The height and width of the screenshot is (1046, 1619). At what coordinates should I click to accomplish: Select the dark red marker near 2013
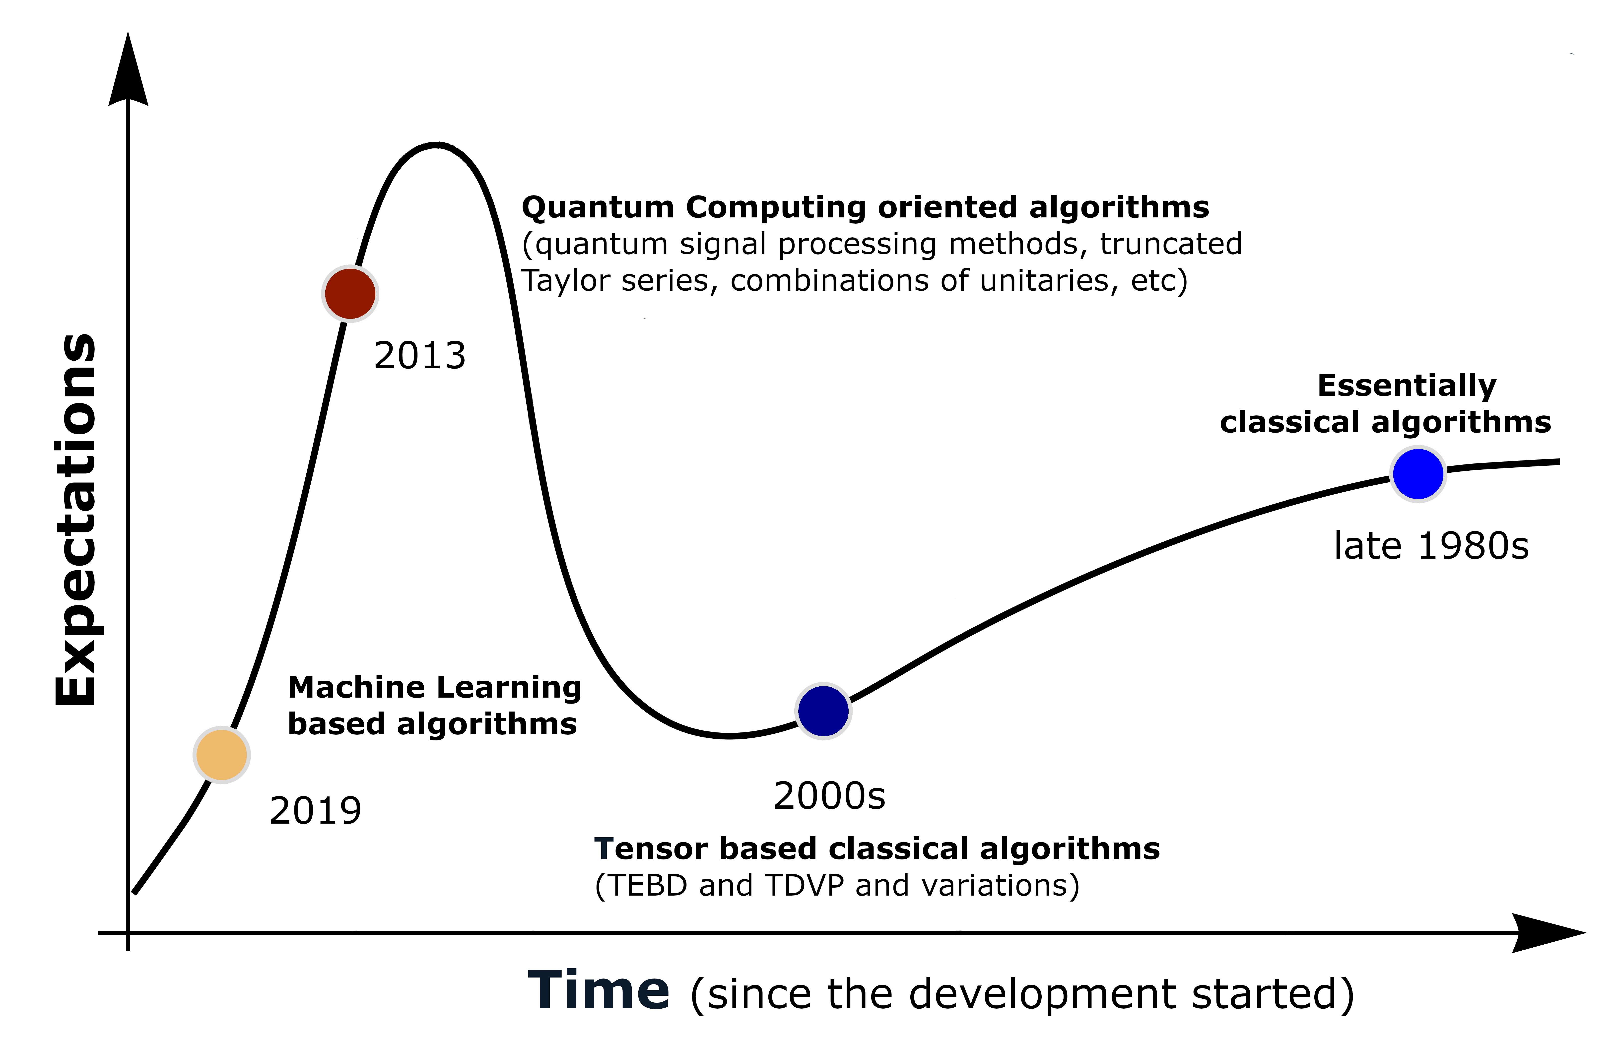point(350,293)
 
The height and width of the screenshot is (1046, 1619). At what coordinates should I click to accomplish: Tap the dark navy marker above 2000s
point(823,711)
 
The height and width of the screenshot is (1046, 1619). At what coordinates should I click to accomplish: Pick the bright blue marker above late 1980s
point(1418,473)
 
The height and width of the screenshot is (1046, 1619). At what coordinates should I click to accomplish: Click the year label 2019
point(315,810)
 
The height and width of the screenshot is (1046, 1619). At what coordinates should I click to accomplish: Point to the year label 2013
point(420,355)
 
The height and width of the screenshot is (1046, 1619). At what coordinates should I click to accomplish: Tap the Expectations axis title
point(76,520)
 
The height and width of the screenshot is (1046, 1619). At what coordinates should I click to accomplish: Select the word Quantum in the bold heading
point(598,207)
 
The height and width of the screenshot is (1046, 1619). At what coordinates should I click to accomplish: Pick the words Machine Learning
point(435,687)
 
